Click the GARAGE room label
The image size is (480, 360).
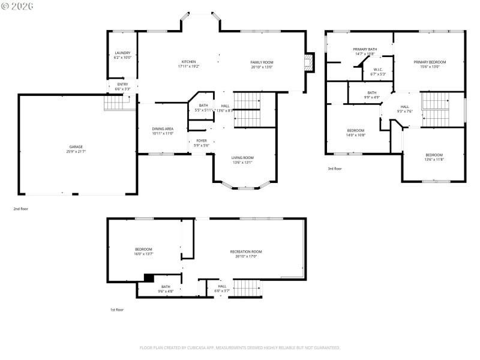coord(76,146)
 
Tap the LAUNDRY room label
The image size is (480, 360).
coord(122,53)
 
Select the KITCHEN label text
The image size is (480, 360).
coord(189,62)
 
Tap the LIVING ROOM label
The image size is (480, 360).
coord(242,157)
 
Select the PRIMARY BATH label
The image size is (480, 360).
coord(364,49)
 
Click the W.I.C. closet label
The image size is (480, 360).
coord(378,69)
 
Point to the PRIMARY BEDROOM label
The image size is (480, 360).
coord(429,62)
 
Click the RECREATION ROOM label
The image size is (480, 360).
coord(246,251)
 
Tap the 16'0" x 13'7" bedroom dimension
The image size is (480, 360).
coord(143,254)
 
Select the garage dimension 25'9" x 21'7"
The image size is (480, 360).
coord(76,151)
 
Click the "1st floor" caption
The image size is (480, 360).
coord(116,310)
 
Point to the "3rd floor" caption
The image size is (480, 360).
coord(334,169)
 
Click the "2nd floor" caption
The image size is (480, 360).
coord(21,209)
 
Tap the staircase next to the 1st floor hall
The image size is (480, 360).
coord(248,289)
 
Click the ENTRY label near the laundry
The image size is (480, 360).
coord(122,84)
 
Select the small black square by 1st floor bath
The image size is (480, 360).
coord(149,278)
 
